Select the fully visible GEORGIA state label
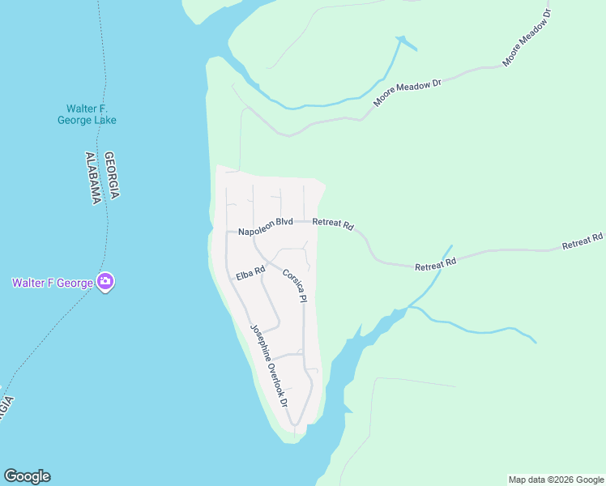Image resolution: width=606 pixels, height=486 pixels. (x=113, y=175)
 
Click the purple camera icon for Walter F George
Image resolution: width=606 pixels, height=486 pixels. (x=105, y=282)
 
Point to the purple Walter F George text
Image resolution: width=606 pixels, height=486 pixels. (x=51, y=283)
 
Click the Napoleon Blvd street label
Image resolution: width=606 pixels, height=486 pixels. (x=265, y=222)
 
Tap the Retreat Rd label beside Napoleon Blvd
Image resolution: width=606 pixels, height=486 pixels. (x=333, y=224)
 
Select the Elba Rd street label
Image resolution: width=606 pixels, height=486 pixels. (x=251, y=274)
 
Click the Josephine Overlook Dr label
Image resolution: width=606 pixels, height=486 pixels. (x=269, y=365)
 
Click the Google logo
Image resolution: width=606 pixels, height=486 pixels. (x=27, y=476)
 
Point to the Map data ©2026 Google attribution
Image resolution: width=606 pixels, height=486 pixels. (x=556, y=480)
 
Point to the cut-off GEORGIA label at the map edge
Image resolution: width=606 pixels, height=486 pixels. (x=6, y=406)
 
